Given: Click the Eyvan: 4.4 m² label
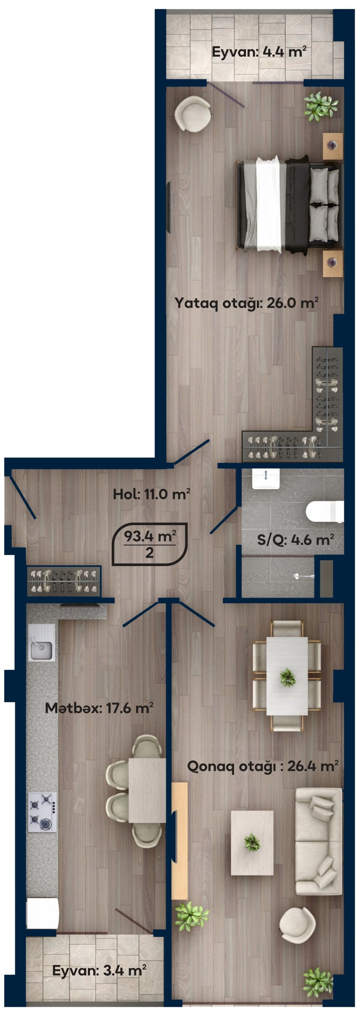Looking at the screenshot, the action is pos(259,52).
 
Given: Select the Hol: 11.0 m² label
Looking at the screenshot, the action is pos(151,494).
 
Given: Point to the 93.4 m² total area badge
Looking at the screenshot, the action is pos(149,544).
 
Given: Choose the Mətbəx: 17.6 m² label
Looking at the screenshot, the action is pos(99,708).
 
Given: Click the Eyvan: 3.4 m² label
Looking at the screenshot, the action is pos(99,971).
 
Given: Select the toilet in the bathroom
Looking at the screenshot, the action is pos(325,512).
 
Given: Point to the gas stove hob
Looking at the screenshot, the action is pos(42,812).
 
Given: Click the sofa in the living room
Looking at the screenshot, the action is pos(319,841).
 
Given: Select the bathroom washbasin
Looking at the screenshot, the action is pos(266,478).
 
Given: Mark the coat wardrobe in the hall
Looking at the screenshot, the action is pos(64,581).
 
